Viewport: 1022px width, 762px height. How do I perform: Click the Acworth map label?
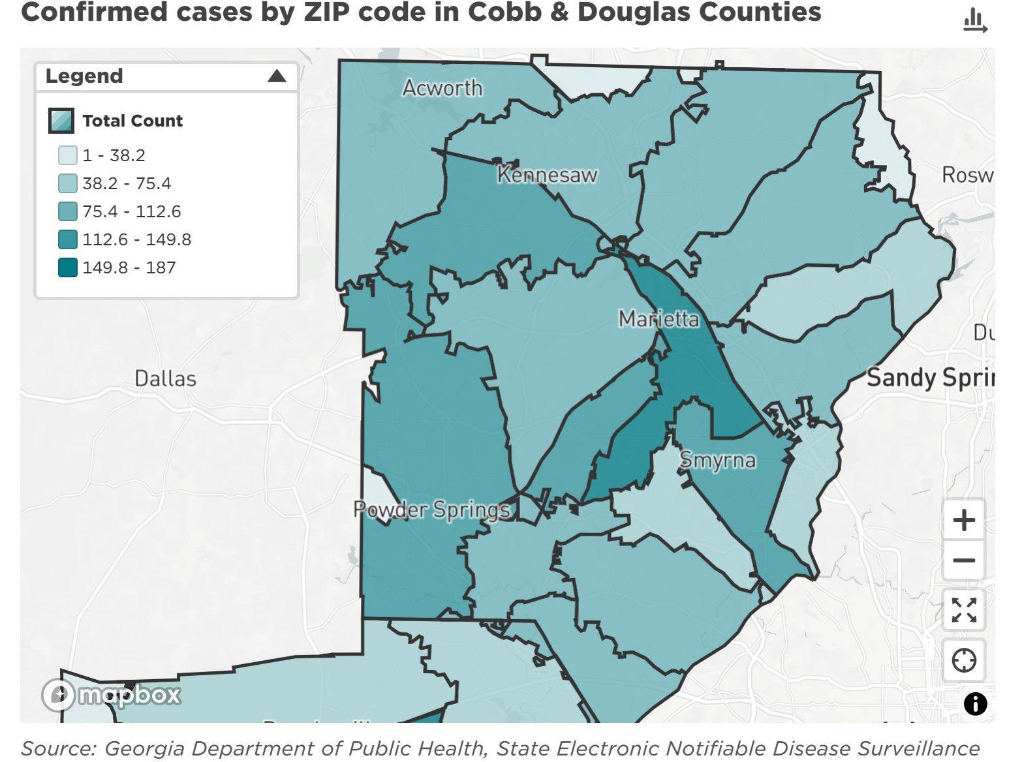pos(442,88)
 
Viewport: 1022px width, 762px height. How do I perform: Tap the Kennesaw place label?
pos(547,175)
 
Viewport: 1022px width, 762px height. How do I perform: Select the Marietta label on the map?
pos(658,319)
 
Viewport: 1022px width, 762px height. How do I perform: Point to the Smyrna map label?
pos(717,460)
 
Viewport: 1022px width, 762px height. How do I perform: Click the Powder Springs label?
pos(431,510)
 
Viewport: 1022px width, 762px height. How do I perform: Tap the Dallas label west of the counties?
pos(165,378)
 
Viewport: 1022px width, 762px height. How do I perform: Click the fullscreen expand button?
pos(963,611)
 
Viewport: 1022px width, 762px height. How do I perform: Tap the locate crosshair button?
pos(963,660)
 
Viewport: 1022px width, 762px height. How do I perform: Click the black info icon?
pos(975,704)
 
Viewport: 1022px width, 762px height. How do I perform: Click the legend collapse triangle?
pos(277,76)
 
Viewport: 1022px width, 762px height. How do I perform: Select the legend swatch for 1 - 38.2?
pos(68,155)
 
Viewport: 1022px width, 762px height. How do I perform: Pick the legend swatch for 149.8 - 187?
pos(68,267)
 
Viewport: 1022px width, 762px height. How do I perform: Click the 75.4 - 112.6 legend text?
pos(131,211)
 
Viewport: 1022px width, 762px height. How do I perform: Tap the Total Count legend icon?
pos(61,121)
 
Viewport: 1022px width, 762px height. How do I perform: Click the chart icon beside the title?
pos(975,20)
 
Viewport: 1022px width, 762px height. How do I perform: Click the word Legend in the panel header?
pos(84,76)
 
